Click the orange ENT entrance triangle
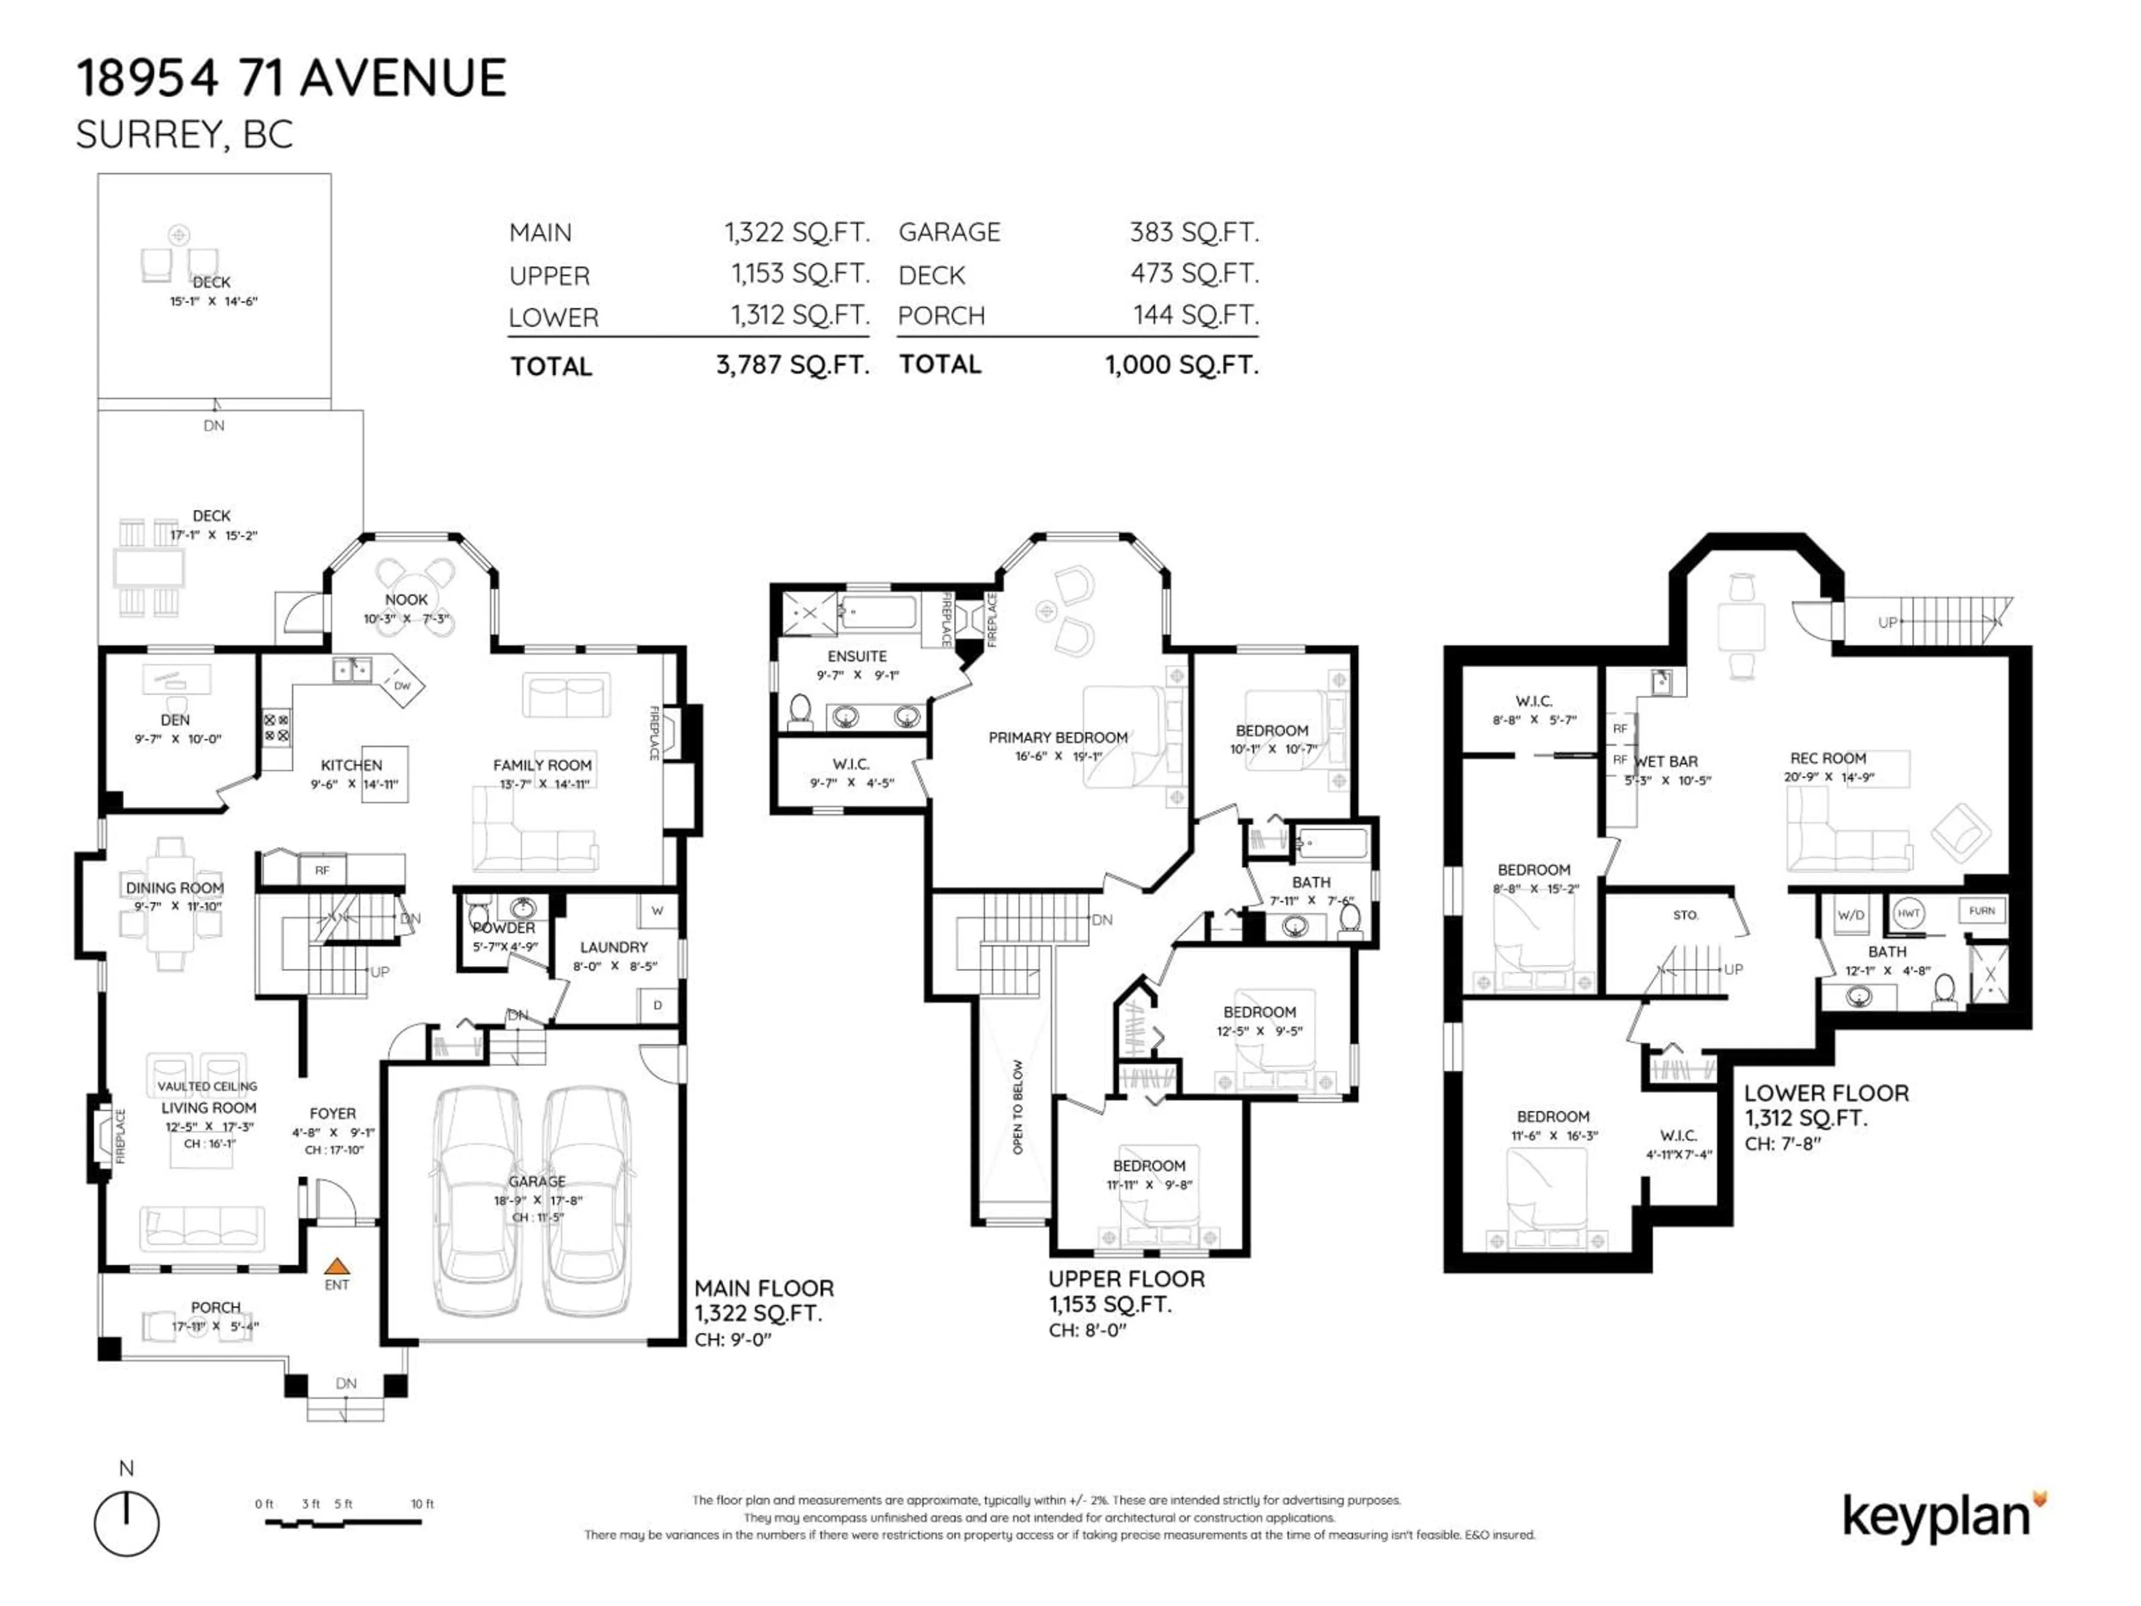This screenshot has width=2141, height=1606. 336,1265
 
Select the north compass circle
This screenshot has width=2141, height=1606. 127,1523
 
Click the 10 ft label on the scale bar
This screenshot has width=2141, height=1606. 422,1503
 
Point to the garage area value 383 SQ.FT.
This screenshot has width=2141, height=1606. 1193,233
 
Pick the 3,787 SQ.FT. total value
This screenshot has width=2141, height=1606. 792,365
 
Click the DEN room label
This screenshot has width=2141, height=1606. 175,720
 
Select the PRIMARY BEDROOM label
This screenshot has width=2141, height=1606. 1058,738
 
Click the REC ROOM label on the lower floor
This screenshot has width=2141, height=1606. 1828,758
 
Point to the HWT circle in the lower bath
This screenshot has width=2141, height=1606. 1908,913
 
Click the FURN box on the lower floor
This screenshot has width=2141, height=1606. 1982,911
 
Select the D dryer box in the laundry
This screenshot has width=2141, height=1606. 657,1005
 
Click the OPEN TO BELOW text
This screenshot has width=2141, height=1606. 1018,1106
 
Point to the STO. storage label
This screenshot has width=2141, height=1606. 1685,915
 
